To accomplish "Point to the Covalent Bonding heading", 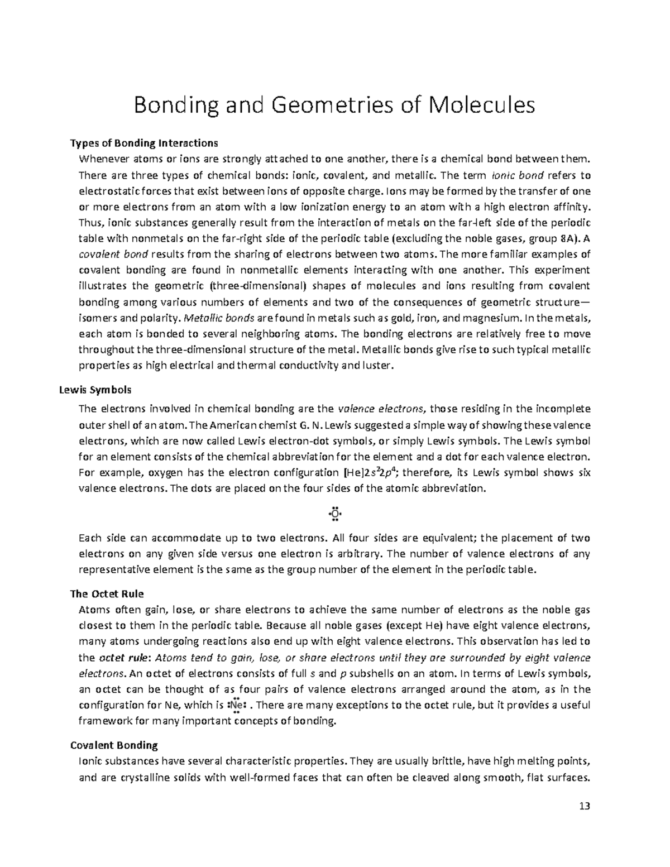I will tap(114, 745).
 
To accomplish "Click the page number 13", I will tap(585, 806).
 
